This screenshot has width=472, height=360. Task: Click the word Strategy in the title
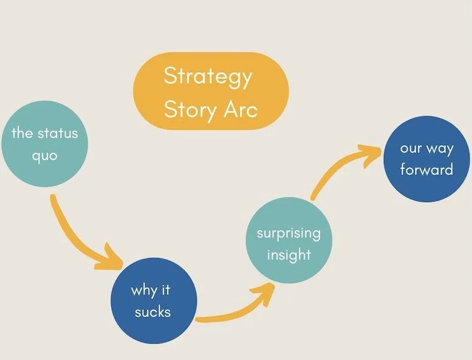coord(208,78)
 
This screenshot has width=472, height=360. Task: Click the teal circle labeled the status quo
coord(45,144)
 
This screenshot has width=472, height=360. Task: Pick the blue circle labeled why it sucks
coord(153,301)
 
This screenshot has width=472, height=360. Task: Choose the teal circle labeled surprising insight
coord(289,243)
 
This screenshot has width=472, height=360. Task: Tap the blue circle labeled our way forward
coord(426,158)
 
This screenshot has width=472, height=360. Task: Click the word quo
coord(44,155)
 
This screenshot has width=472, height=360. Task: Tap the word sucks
coord(152,312)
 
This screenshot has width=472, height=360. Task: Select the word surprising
coord(289,233)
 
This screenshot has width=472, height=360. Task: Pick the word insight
coord(289,254)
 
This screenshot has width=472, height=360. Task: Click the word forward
coord(426,169)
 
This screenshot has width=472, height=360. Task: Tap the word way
coord(439,149)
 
